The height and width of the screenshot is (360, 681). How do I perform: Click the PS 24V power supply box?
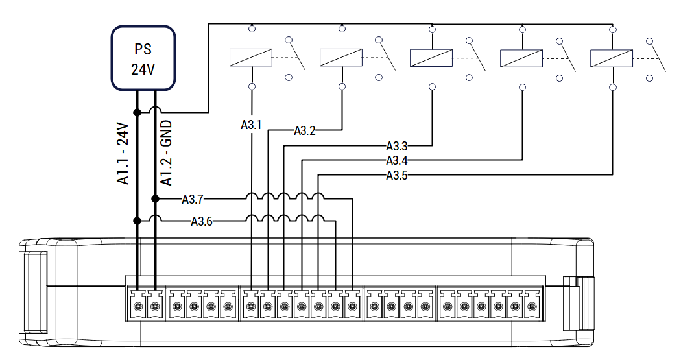click(143, 58)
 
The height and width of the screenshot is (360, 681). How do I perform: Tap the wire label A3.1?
click(251, 125)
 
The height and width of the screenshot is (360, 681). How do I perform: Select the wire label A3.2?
click(305, 131)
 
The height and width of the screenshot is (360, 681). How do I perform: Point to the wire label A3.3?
click(397, 147)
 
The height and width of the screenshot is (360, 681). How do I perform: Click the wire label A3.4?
click(397, 161)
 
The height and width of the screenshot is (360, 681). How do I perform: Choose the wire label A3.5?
click(397, 175)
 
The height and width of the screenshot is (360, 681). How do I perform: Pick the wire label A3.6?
click(202, 221)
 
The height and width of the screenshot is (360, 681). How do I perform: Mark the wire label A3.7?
click(193, 199)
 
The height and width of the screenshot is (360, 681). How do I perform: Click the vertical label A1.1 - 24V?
click(123, 153)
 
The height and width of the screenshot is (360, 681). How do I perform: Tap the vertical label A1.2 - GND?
click(166, 153)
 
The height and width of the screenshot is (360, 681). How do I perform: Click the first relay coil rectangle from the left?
click(251, 57)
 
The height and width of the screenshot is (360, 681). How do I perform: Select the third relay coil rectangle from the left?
click(431, 58)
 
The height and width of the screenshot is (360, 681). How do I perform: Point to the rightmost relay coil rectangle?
click(612, 58)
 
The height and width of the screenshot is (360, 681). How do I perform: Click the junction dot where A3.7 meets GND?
click(155, 199)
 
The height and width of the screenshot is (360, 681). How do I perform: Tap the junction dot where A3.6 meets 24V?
click(137, 221)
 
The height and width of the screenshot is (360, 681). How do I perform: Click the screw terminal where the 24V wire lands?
click(137, 307)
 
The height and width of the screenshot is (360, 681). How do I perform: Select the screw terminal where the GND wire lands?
click(155, 307)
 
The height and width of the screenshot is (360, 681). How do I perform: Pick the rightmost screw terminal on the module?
click(532, 307)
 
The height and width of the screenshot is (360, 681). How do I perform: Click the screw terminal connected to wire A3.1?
click(250, 307)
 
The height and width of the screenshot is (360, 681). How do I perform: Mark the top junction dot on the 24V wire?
click(137, 112)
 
